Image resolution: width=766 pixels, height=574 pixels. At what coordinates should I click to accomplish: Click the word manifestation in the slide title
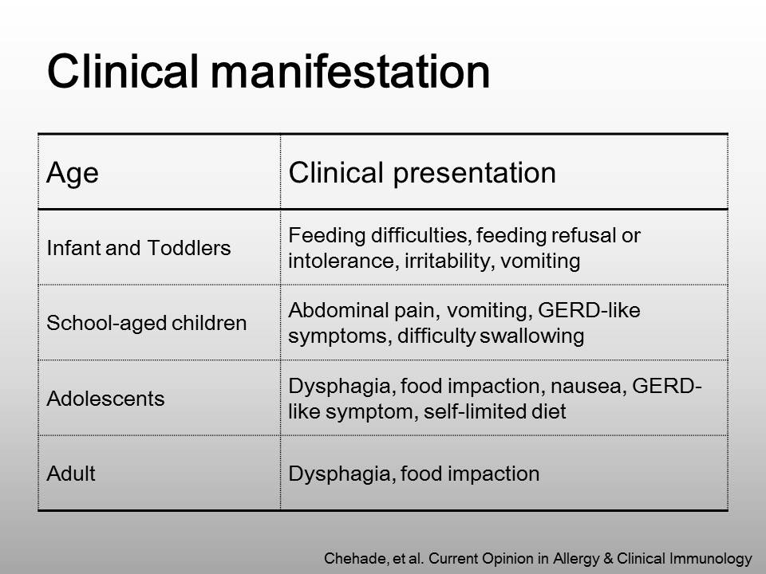click(x=349, y=72)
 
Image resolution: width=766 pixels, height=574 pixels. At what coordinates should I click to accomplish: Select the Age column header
click(x=73, y=174)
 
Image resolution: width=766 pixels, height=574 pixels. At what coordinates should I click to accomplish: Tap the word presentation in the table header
click(x=474, y=173)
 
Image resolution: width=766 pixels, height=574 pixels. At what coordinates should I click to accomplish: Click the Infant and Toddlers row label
click(x=139, y=248)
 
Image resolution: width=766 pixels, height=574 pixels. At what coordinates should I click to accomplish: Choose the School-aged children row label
click(x=147, y=323)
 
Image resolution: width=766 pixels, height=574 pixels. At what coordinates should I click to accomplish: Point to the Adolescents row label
click(x=105, y=399)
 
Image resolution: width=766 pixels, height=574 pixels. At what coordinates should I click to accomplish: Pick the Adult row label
click(x=71, y=474)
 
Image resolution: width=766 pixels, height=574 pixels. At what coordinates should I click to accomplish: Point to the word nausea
click(x=588, y=386)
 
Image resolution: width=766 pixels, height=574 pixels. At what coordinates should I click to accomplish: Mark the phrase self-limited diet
click(x=495, y=411)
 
